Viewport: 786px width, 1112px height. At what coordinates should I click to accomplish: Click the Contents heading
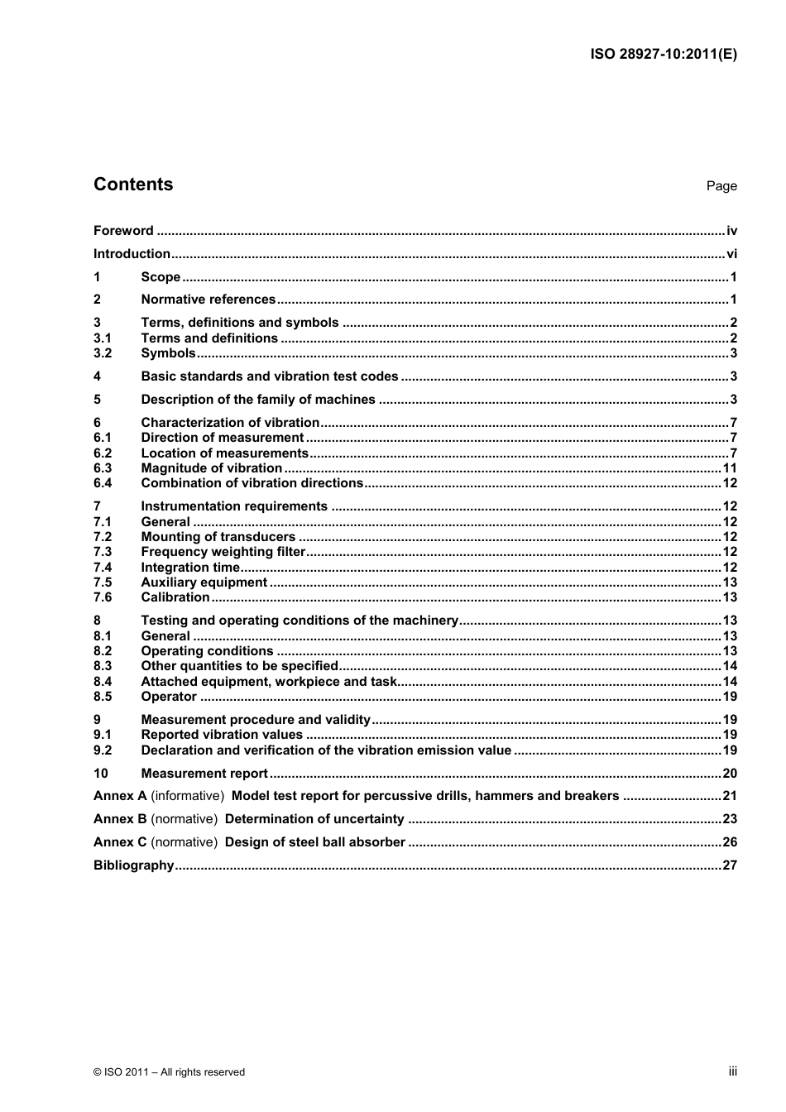[x=133, y=185]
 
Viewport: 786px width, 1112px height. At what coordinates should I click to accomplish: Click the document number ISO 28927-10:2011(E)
[x=664, y=55]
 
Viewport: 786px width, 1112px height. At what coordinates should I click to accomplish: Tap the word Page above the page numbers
[x=721, y=186]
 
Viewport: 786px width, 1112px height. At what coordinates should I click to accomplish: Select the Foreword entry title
[x=123, y=231]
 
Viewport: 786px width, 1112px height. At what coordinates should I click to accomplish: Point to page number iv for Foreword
[x=731, y=231]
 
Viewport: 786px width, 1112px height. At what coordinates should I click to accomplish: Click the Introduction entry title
[x=132, y=254]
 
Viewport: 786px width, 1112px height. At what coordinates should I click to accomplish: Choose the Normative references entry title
[x=208, y=300]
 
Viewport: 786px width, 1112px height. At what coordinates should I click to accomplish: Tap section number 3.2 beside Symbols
[x=103, y=353]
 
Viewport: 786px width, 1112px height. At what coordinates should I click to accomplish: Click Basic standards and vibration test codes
[x=270, y=376]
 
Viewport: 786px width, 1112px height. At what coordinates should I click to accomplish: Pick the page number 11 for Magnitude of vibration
[x=730, y=468]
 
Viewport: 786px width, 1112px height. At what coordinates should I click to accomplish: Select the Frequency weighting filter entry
[x=223, y=552]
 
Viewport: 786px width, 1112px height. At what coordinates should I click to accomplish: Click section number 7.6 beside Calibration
[x=103, y=597]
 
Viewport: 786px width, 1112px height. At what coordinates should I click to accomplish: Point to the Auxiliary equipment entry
[x=204, y=582]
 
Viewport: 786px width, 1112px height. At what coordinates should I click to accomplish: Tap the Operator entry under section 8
[x=169, y=697]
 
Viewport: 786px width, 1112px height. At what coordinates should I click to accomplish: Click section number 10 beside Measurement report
[x=101, y=774]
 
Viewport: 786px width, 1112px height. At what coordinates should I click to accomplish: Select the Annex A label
[x=120, y=796]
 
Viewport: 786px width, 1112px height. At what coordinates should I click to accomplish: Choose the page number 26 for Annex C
[x=730, y=842]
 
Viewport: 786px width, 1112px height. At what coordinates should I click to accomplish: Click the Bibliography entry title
[x=133, y=865]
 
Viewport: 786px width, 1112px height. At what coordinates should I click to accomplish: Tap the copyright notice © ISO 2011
[x=169, y=1072]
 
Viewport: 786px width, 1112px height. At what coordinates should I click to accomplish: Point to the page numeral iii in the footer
[x=732, y=1071]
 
